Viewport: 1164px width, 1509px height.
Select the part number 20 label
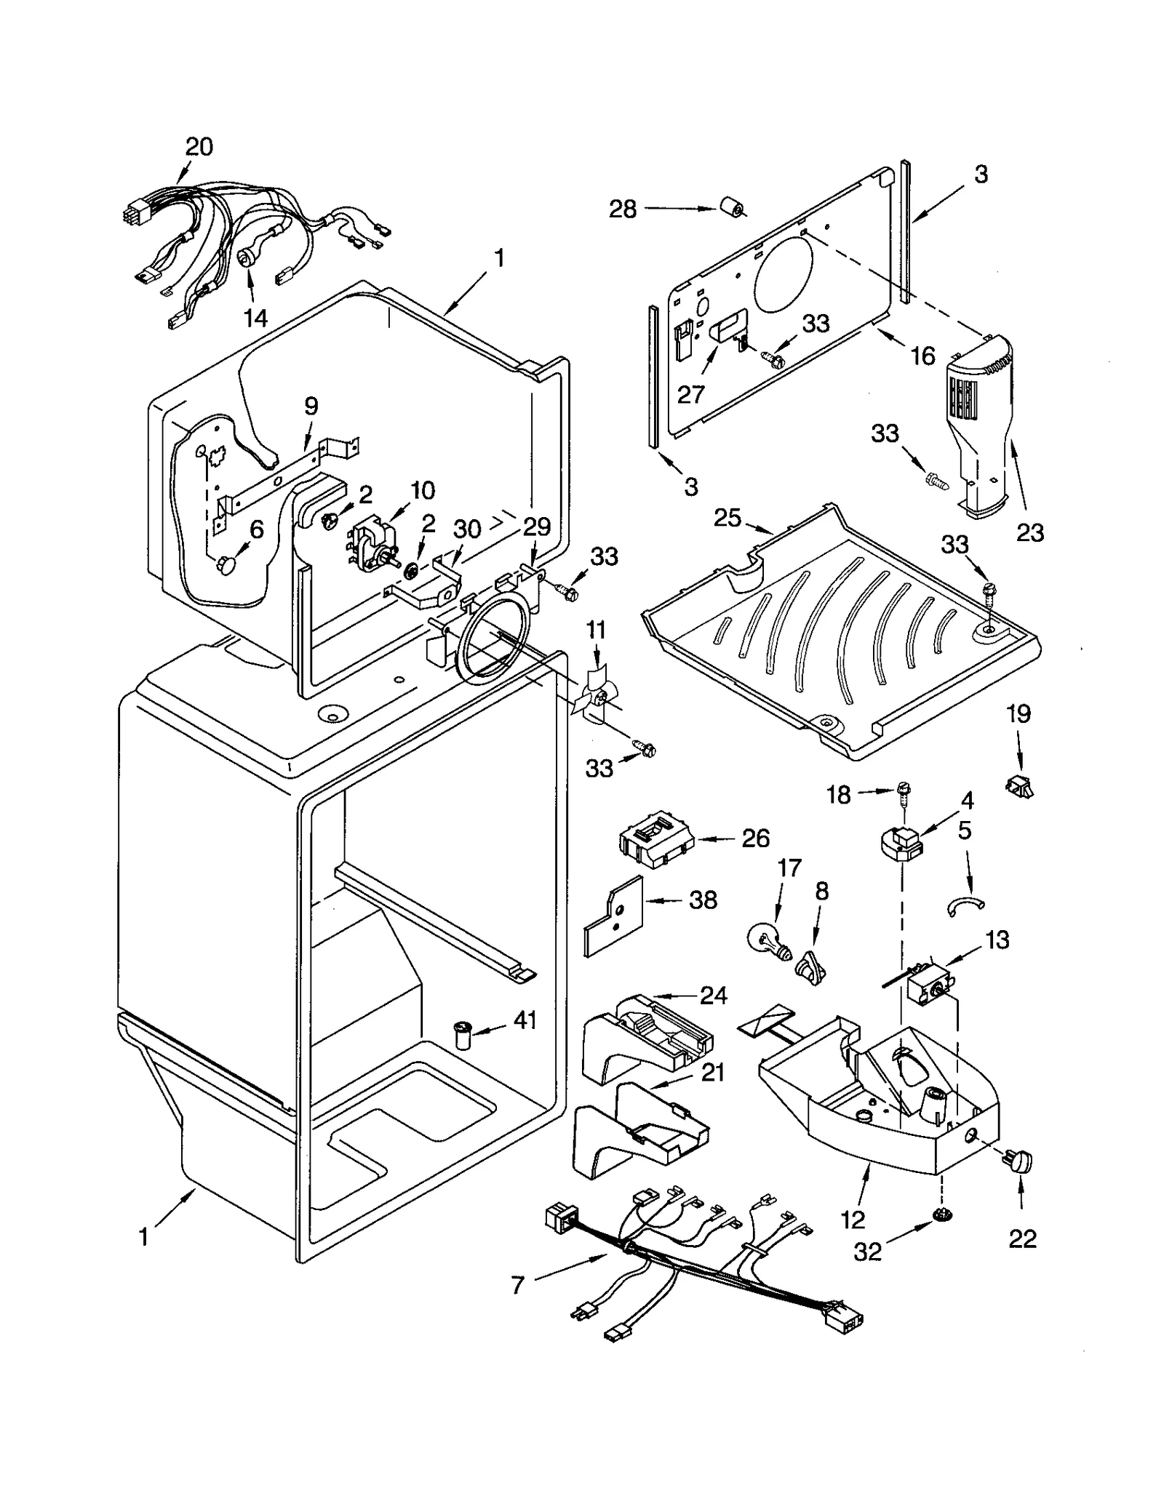pyautogui.click(x=199, y=147)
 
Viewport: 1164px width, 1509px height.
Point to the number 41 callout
pyautogui.click(x=525, y=1020)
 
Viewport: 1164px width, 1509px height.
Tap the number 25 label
pyautogui.click(x=727, y=518)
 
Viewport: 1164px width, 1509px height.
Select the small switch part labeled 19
pyautogui.click(x=1019, y=785)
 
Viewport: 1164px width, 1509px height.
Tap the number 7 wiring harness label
pyautogui.click(x=517, y=1286)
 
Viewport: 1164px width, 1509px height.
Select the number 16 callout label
pyautogui.click(x=922, y=356)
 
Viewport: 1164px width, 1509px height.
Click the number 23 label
pyautogui.click(x=1029, y=533)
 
